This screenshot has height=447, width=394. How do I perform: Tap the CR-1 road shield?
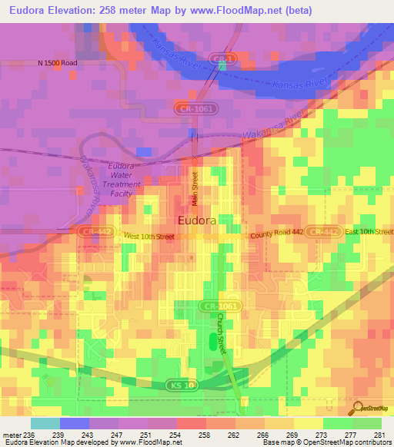click(x=222, y=58)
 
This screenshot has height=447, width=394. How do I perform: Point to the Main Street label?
click(x=195, y=187)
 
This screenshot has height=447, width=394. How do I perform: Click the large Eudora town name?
click(x=202, y=221)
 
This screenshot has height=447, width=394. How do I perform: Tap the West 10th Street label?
click(x=149, y=237)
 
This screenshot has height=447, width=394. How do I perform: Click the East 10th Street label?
click(x=369, y=231)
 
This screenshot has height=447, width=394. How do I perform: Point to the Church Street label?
click(x=222, y=333)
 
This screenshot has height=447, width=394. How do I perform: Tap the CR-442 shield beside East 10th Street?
click(x=323, y=231)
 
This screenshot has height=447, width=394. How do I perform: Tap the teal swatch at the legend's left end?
click(x=45, y=423)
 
